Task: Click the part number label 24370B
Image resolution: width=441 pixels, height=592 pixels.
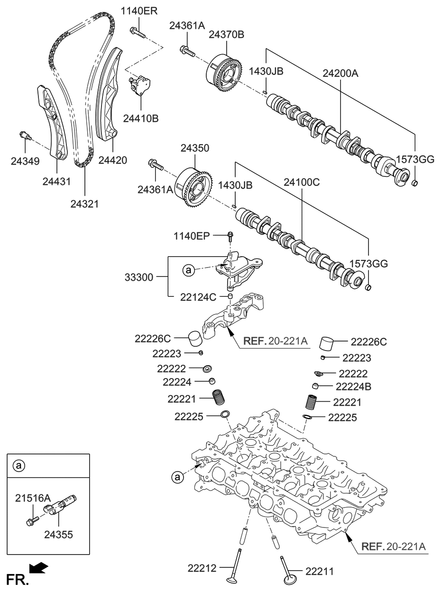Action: (227, 35)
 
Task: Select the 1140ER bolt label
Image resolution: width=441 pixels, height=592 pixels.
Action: (138, 11)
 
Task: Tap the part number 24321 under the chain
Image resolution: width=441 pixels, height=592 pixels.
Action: (84, 204)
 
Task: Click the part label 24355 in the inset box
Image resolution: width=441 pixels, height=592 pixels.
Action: (58, 535)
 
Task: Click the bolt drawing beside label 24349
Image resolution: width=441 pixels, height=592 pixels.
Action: (24, 137)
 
